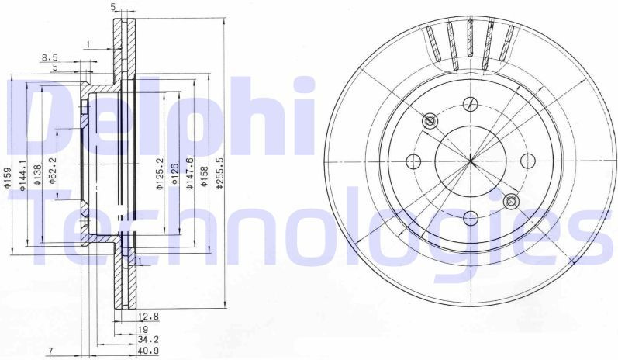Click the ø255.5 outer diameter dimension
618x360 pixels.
pyautogui.click(x=220, y=174)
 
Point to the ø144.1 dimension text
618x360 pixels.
pyautogui.click(x=22, y=175)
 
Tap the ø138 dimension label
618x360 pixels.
pyautogui.click(x=37, y=175)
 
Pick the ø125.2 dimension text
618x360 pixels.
pyautogui.click(x=160, y=174)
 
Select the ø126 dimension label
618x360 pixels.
pyautogui.click(x=174, y=174)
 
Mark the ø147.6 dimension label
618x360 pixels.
pyautogui.click(x=189, y=174)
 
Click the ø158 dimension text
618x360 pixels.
pyautogui.click(x=205, y=176)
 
